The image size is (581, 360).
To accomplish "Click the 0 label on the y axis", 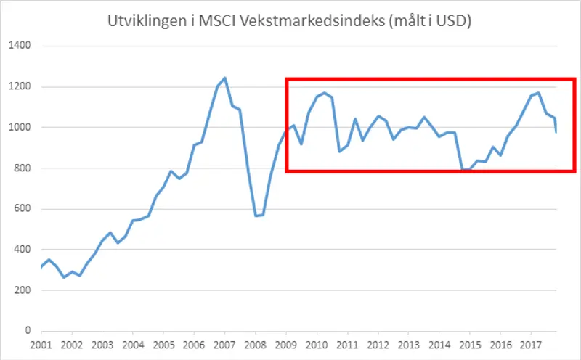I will [x=28, y=331].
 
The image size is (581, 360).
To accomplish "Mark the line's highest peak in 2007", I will [x=225, y=78].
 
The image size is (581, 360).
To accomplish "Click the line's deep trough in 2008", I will [x=255, y=216].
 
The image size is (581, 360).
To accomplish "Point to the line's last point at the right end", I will [x=556, y=132].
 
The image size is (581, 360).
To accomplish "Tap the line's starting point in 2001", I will [x=41, y=268].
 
